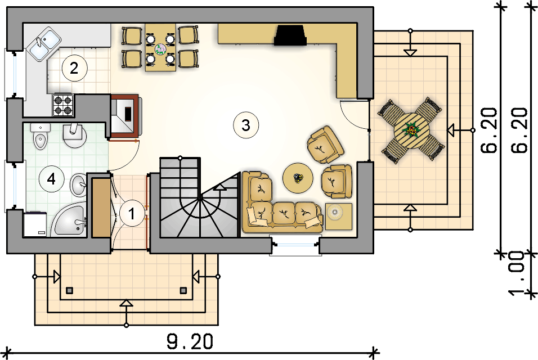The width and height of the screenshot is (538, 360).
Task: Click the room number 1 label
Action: pos(132,214)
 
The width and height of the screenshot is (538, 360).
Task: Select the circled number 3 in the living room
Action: pos(245,125)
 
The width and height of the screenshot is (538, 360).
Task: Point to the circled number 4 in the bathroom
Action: pos(51,180)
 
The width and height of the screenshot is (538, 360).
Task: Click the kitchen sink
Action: pos(43,43)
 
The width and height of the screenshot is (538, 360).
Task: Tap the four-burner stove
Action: pos(63,105)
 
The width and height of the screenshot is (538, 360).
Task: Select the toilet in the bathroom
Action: pos(41,139)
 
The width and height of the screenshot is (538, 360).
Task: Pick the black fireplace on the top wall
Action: pos(290,35)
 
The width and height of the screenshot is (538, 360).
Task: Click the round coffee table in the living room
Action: pos(298,178)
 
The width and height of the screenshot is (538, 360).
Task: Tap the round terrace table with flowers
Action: pos(412,130)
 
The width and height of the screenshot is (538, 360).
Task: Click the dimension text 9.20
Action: pos(189,341)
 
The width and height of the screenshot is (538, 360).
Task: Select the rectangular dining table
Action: pos(160,48)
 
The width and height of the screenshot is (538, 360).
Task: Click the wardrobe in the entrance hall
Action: pos(101,207)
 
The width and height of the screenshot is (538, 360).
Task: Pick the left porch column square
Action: pos(70,291)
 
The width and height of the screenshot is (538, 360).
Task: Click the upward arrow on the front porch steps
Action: pos(127,304)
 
